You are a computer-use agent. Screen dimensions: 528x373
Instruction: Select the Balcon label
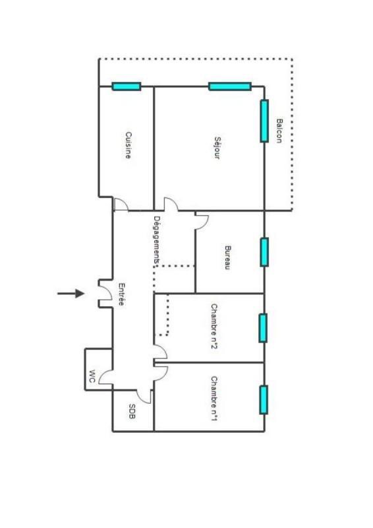[x=279, y=131]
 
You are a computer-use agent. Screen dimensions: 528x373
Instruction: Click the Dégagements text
[x=157, y=241]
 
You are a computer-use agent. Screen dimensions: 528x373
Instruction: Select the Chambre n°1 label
[x=215, y=399]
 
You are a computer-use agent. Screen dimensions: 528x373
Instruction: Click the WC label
[x=92, y=377]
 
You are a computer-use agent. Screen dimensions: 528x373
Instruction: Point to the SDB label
[x=132, y=412]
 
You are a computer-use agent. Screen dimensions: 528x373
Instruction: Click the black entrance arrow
[x=71, y=293]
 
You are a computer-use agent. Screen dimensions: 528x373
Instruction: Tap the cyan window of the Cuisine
[x=126, y=86]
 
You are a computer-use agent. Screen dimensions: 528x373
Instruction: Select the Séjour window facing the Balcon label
[x=264, y=121]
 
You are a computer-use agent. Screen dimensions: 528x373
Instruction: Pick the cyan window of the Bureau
[x=264, y=251]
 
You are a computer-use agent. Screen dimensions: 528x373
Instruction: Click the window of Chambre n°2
[x=263, y=328]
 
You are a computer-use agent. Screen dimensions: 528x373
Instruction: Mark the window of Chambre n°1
[x=264, y=399]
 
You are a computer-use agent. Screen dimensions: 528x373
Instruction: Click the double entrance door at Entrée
[x=105, y=294]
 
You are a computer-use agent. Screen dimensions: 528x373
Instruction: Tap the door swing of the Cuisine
[x=120, y=205]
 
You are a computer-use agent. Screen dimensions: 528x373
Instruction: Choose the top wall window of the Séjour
[x=230, y=86]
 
